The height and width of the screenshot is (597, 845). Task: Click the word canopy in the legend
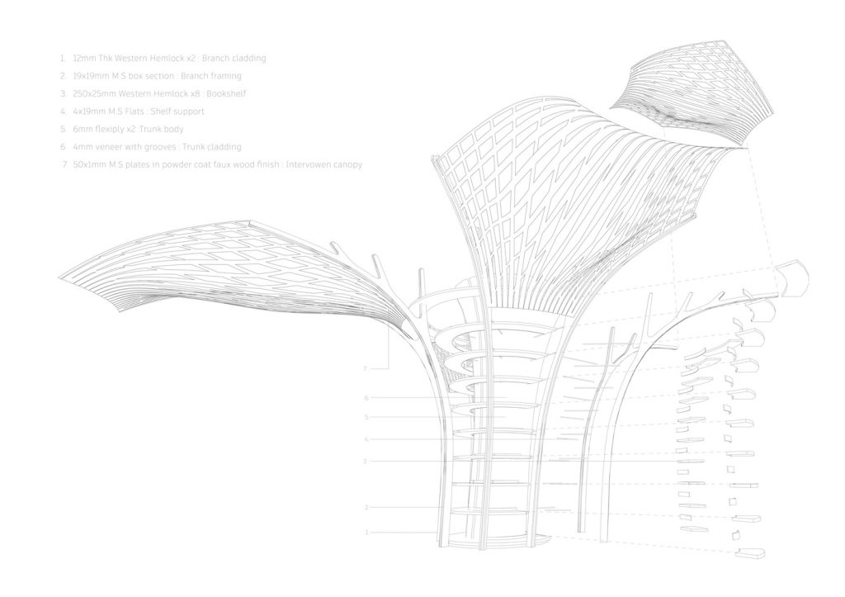[x=346, y=165]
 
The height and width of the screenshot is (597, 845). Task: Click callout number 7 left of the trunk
[x=365, y=369]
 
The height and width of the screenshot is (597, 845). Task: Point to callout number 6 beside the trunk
[x=366, y=398]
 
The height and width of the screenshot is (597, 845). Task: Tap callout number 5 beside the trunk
[x=366, y=417]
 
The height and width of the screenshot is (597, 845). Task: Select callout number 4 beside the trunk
[x=366, y=439]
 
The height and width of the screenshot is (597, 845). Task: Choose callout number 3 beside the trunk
[x=365, y=461]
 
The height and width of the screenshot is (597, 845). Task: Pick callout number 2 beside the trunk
[x=366, y=508]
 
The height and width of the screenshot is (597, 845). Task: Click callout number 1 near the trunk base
[x=367, y=533]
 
